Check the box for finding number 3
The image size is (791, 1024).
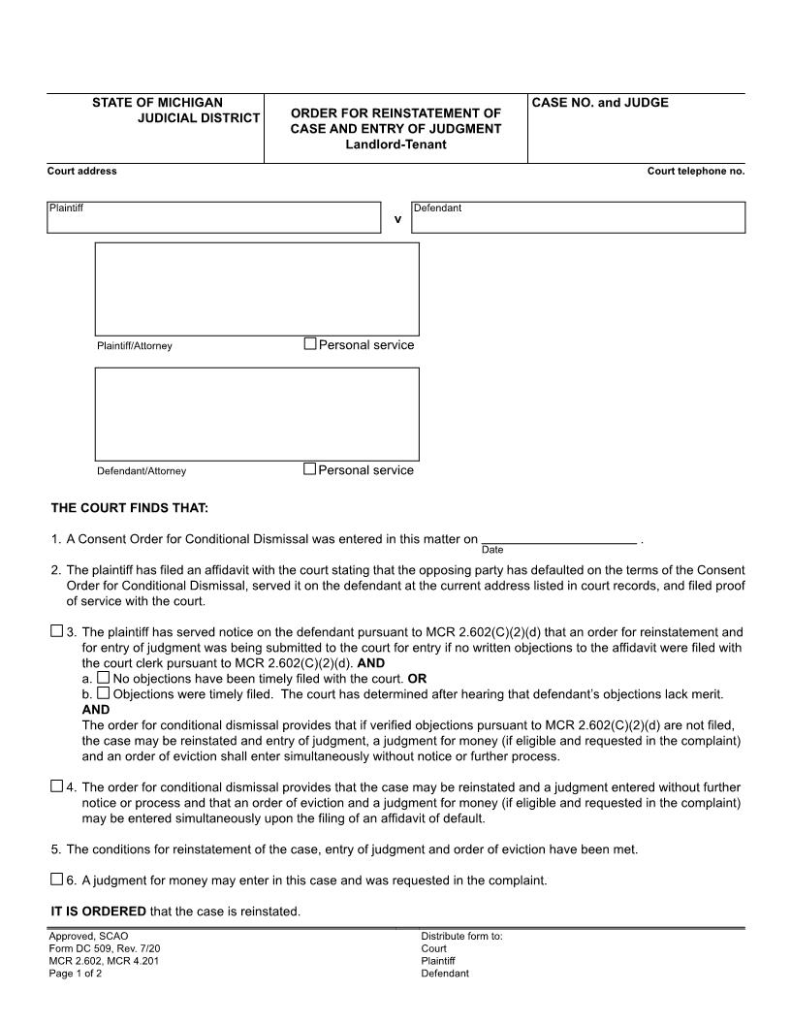pyautogui.click(x=56, y=632)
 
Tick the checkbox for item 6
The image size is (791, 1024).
pyautogui.click(x=56, y=880)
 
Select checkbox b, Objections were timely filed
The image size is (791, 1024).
pyautogui.click(x=103, y=693)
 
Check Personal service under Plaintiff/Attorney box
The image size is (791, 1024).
pyautogui.click(x=310, y=343)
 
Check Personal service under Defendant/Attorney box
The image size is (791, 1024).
pyautogui.click(x=310, y=468)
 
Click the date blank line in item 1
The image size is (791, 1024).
pyautogui.click(x=558, y=538)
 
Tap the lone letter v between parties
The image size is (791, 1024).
pyautogui.click(x=397, y=219)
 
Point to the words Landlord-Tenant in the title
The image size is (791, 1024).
pyautogui.click(x=395, y=144)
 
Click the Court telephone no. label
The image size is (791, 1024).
pyautogui.click(x=696, y=171)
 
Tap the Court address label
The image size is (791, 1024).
pyautogui.click(x=82, y=171)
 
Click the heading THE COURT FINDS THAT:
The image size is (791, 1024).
pyautogui.click(x=130, y=507)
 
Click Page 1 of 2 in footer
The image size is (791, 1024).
pyautogui.click(x=76, y=974)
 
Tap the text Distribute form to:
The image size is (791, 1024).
pyautogui.click(x=461, y=936)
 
